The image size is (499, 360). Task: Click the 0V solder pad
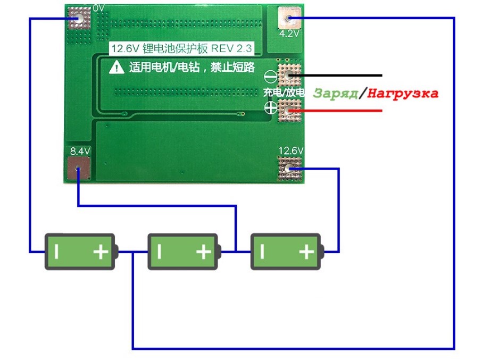tap(79, 18)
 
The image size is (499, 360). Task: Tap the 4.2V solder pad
tap(289, 18)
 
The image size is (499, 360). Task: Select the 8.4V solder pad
tap(79, 168)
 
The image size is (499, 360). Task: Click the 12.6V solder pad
tap(289, 169)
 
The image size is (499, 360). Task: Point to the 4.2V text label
tap(289, 34)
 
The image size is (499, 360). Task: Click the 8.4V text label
tap(80, 151)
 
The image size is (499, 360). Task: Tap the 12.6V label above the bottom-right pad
tap(291, 150)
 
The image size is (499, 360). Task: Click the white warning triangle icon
tap(117, 67)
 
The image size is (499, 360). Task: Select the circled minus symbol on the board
tap(270, 77)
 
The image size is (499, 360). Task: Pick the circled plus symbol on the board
tap(271, 108)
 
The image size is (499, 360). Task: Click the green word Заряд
tap(336, 94)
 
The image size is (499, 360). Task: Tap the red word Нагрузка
tap(403, 94)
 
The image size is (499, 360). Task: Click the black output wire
tap(336, 76)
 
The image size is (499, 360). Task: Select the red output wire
tap(336, 111)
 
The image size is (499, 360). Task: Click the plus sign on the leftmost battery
tap(101, 252)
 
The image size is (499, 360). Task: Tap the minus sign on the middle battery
tap(160, 252)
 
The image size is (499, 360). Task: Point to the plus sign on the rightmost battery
tap(306, 252)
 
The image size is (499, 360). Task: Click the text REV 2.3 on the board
tap(231, 48)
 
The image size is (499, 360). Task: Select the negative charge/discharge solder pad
tap(289, 76)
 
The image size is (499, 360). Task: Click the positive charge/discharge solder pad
tap(289, 111)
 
